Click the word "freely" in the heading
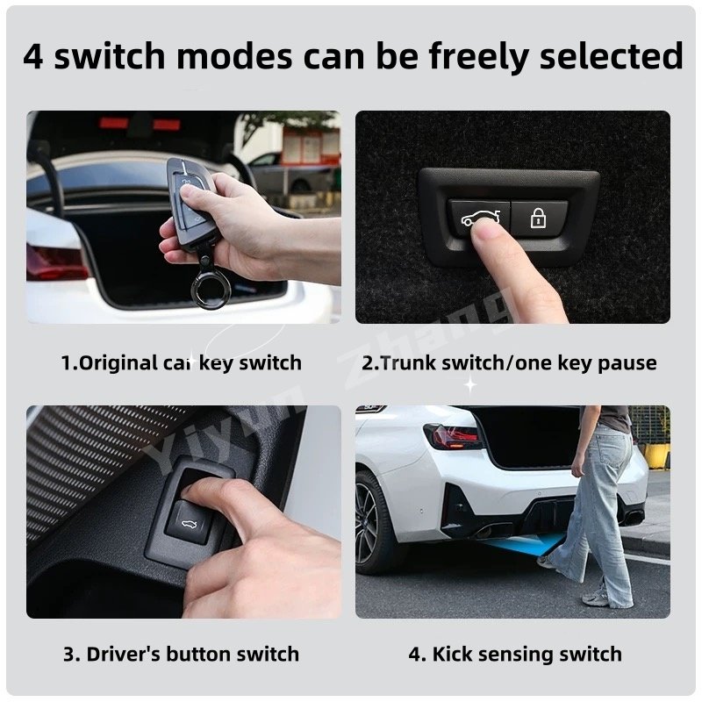[478, 56]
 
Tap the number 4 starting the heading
[33, 56]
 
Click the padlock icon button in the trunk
[539, 218]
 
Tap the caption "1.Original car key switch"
[182, 362]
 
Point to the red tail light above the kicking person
[453, 436]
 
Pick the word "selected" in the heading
[611, 56]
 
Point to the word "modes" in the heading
[234, 56]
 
